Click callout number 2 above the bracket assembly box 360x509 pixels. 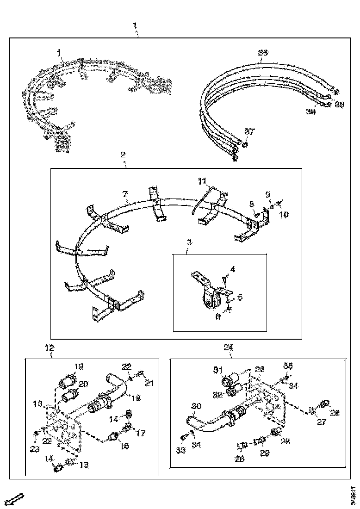123,154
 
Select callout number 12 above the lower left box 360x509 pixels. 50,348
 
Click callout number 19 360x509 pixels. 79,366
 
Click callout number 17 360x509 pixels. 141,434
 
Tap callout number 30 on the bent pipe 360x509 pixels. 196,406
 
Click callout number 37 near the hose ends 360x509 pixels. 249,132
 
